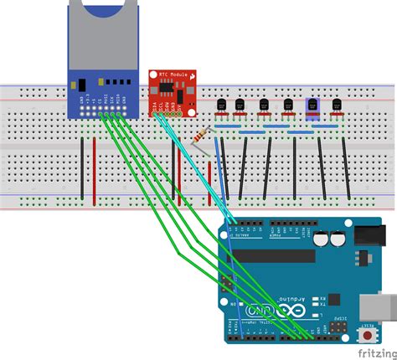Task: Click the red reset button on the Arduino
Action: pyautogui.click(x=367, y=337)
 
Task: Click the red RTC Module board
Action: pyautogui.click(x=171, y=92)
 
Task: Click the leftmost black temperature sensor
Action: pyautogui.click(x=223, y=105)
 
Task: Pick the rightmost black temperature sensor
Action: pyautogui.click(x=337, y=105)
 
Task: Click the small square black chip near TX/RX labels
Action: pyautogui.click(x=333, y=299)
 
